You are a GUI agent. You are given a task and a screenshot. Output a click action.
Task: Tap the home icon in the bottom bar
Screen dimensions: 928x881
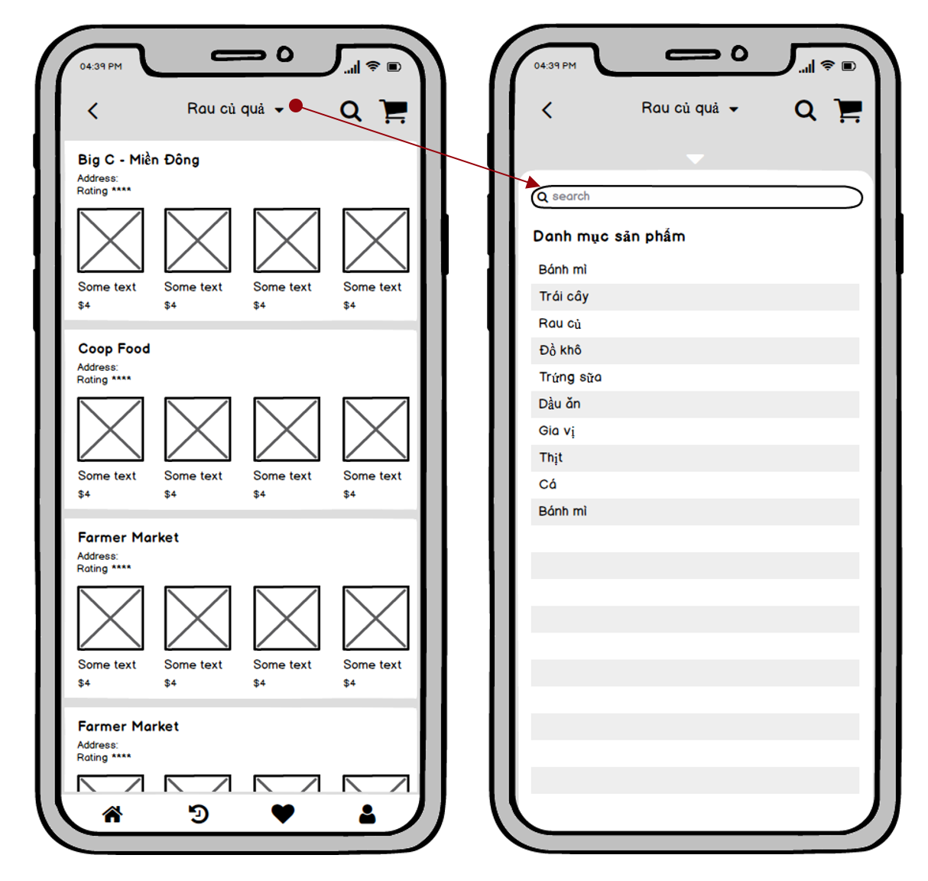click(x=112, y=814)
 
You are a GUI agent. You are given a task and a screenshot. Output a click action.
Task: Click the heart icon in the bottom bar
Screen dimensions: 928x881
click(x=282, y=814)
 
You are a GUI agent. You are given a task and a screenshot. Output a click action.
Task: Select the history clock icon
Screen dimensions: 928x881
click(x=198, y=814)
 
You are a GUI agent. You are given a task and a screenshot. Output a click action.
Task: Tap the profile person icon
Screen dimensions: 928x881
click(x=367, y=814)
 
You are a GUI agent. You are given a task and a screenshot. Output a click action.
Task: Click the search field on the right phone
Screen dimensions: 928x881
click(x=696, y=197)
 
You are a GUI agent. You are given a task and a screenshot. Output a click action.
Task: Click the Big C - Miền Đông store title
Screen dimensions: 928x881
click(x=138, y=160)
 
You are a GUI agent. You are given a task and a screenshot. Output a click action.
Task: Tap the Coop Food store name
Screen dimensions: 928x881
click(x=114, y=348)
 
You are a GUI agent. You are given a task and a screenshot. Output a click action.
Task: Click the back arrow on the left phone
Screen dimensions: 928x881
click(x=92, y=111)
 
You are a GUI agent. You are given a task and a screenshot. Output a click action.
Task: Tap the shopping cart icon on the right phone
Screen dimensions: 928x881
click(x=848, y=111)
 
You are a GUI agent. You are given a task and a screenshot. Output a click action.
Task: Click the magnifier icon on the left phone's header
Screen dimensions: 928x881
click(x=351, y=112)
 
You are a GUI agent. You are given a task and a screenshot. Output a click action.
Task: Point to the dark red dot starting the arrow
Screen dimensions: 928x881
click(x=296, y=106)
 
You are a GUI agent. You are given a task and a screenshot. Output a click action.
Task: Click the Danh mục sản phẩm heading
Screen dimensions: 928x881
click(x=608, y=236)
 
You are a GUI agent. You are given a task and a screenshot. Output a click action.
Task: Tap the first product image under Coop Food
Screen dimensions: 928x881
click(x=110, y=429)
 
